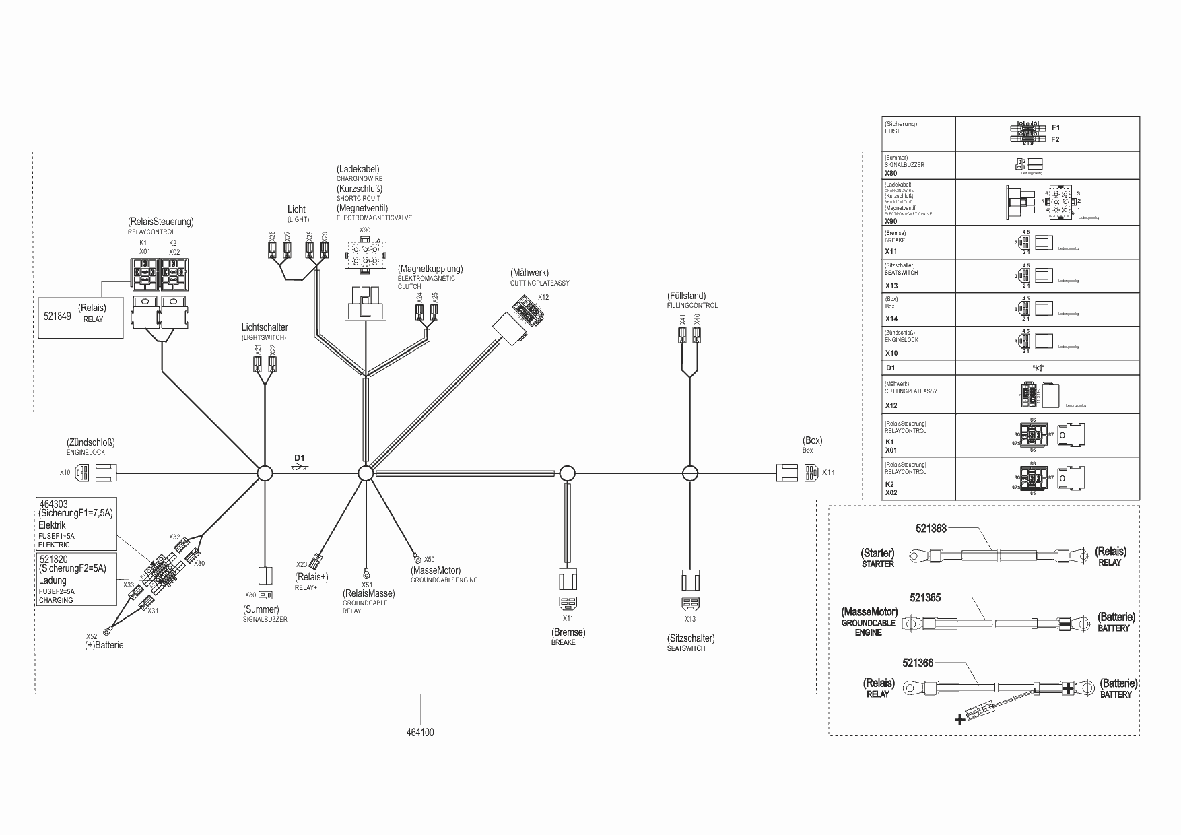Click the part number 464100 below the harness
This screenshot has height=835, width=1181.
[420, 732]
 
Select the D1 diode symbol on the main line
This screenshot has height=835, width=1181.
[300, 466]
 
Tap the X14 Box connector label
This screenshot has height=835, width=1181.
[828, 473]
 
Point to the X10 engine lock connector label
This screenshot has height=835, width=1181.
[65, 473]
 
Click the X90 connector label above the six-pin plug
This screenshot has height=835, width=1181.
[364, 230]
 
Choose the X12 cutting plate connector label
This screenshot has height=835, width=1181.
[543, 297]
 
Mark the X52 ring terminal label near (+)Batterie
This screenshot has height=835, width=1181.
[92, 636]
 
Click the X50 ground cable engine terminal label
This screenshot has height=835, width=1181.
[430, 559]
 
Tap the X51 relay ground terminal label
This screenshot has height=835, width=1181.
[367, 584]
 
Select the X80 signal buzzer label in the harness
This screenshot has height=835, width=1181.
[250, 595]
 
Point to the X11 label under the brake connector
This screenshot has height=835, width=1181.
[568, 618]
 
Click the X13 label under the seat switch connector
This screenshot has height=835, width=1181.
[690, 619]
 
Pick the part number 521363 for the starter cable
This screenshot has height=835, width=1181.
[931, 529]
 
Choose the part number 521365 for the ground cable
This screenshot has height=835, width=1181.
[925, 597]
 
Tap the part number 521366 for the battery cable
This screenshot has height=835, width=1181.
[918, 663]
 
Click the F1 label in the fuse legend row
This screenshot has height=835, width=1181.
[1056, 127]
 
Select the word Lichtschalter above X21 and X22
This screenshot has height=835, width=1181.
[265, 327]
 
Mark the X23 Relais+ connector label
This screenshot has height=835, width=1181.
[302, 564]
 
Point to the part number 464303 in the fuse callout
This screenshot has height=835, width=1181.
[53, 504]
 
